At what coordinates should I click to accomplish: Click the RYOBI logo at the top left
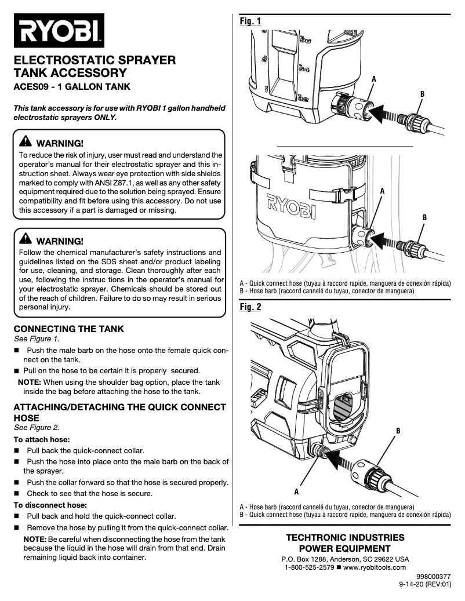[59, 31]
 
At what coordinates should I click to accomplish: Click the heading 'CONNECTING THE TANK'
[68, 329]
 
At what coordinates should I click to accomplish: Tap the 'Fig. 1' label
[250, 21]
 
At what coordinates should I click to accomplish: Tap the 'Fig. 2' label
[250, 307]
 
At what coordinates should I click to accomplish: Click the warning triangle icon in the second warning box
[26, 239]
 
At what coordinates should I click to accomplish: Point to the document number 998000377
[433, 577]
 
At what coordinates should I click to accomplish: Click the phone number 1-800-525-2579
[309, 567]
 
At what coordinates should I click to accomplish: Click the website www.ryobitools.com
[375, 567]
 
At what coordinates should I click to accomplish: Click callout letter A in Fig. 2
[296, 491]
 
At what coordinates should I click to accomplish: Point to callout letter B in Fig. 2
[398, 431]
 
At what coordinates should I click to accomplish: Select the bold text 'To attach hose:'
[42, 439]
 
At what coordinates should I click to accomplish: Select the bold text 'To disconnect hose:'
[50, 504]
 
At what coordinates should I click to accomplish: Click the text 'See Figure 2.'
[37, 428]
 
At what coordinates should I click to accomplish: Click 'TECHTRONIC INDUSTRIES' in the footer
[345, 537]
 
